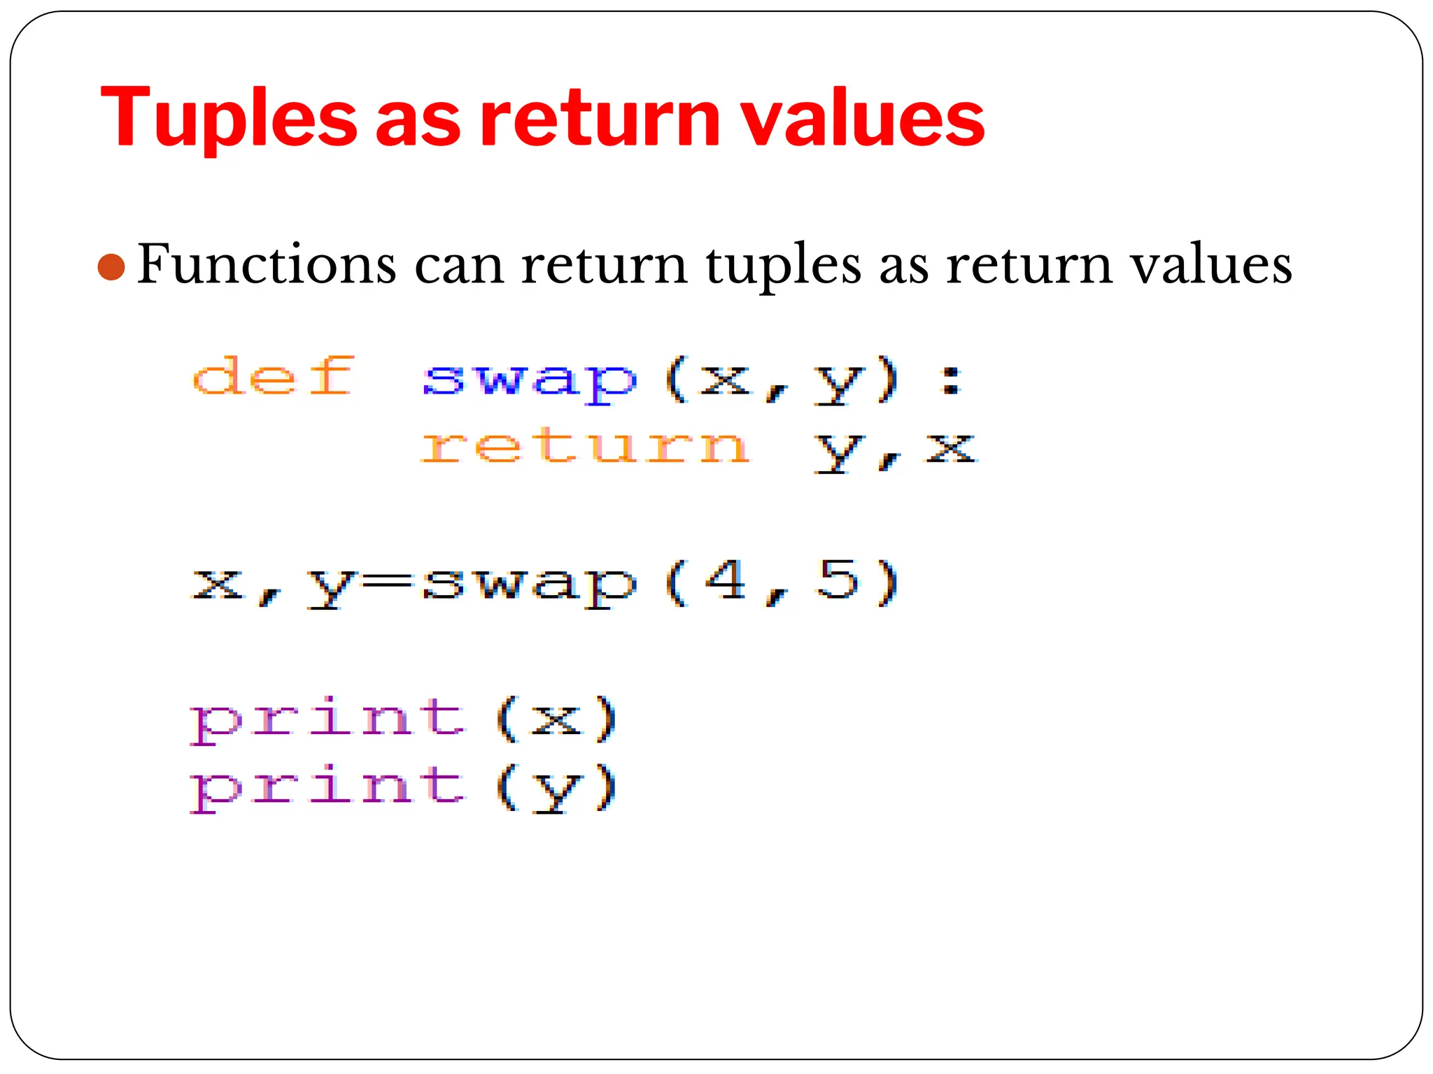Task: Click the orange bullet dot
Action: coord(111,267)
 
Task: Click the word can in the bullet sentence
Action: coord(459,266)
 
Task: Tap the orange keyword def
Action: coord(273,378)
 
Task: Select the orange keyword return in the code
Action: coord(585,447)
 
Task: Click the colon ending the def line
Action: coord(950,382)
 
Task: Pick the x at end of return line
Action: coord(950,447)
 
